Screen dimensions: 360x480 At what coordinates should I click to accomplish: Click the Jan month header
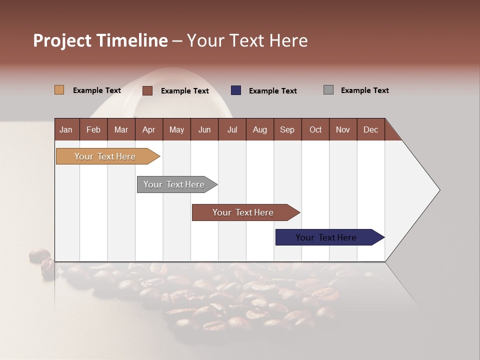point(66,129)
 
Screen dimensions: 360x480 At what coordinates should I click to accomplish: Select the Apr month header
point(148,129)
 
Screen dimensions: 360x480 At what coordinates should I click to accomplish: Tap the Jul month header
point(232,129)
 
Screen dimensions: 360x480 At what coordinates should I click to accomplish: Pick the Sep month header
point(287,129)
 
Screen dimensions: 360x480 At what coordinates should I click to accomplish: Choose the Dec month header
point(370,129)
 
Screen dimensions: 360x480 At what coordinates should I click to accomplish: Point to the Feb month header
point(93,129)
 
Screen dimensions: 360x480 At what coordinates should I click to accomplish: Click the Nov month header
point(342,129)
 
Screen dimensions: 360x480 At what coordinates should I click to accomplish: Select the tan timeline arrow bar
point(105,156)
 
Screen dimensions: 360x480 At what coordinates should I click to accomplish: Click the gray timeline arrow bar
point(174,184)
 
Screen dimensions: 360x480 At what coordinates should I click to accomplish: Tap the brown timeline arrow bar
point(243,212)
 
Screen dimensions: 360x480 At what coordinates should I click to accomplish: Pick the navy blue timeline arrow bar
point(326,237)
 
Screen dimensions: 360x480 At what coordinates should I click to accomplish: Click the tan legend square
point(59,90)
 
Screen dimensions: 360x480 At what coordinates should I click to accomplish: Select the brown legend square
point(147,90)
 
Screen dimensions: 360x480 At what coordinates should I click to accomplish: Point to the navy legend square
point(235,90)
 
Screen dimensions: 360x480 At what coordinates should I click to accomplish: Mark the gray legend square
point(328,90)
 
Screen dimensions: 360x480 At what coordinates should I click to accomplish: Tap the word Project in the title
point(62,40)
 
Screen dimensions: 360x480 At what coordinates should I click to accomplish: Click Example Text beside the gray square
point(364,90)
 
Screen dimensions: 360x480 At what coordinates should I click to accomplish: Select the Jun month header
point(204,129)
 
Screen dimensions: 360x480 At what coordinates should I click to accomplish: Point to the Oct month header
point(315,129)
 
